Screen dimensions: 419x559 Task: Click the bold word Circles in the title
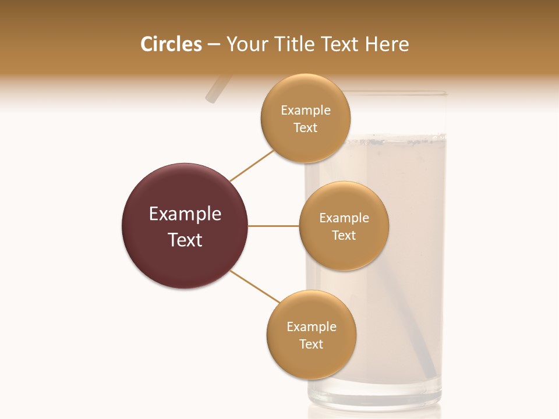pyautogui.click(x=171, y=44)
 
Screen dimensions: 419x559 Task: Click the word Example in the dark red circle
pyautogui.click(x=185, y=214)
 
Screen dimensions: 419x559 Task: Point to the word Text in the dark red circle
pyautogui.click(x=185, y=240)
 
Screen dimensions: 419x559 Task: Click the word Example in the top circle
pyautogui.click(x=306, y=110)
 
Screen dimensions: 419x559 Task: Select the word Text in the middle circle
pyautogui.click(x=344, y=235)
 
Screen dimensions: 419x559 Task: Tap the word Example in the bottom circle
pyautogui.click(x=312, y=326)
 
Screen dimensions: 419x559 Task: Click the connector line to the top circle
pyautogui.click(x=252, y=165)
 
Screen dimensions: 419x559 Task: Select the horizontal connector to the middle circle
pyautogui.click(x=274, y=226)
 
